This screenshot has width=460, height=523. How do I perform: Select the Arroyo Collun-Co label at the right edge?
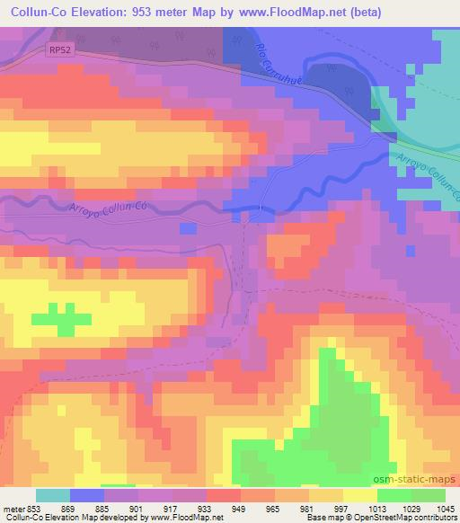coord(427,170)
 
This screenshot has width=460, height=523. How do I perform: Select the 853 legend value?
coord(36,508)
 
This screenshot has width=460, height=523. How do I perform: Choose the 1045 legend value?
coord(445,508)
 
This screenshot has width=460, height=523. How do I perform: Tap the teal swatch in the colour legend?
coord(53,495)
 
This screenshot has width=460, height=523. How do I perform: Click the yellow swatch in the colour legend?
coord(360,495)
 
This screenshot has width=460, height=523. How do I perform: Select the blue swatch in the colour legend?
coord(87,495)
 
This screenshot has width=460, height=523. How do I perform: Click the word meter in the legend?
coord(13,508)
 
